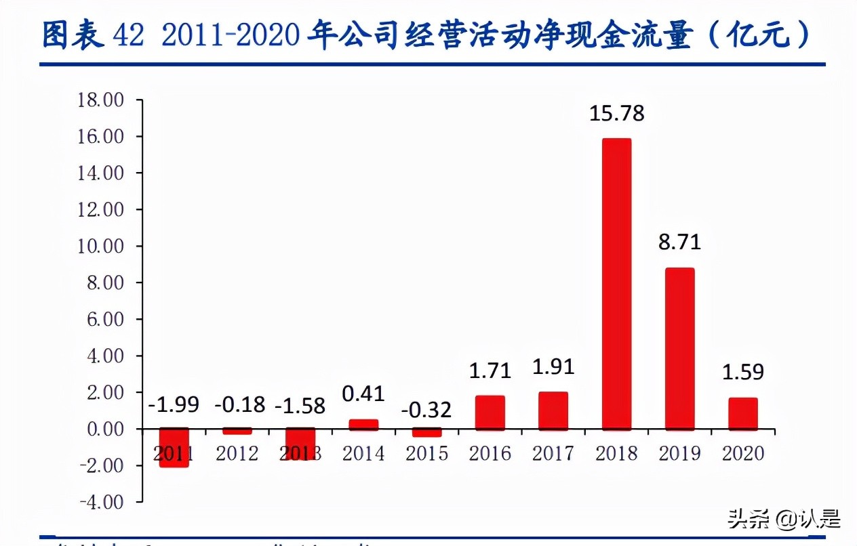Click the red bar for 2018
616,285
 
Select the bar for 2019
679,349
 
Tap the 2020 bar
743,413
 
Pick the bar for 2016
490,413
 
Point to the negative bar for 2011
174,448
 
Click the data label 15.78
616,113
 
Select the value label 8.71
679,242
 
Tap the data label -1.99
174,404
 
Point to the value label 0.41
363,394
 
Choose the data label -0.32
426,411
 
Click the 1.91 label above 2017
553,366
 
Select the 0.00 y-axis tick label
105,429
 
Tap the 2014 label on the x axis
363,453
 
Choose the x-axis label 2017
553,453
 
